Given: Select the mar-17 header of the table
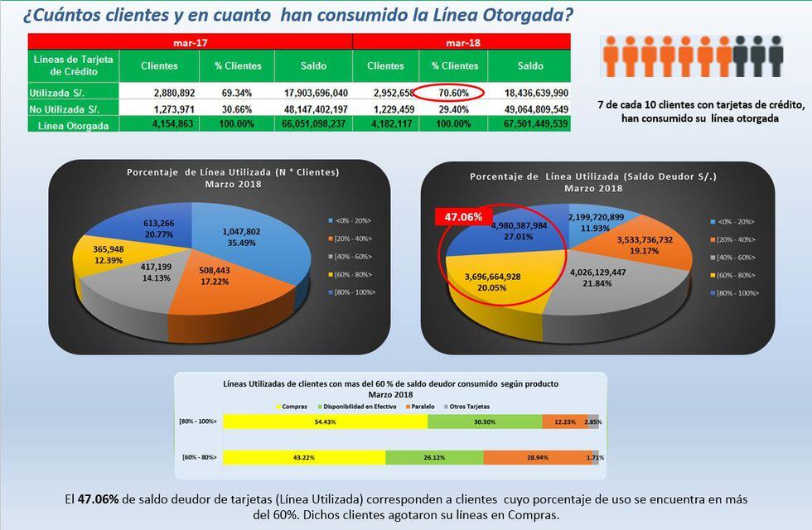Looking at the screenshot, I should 190,41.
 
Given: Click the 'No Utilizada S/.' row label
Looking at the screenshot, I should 64,108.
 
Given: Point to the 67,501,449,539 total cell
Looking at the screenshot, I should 531,124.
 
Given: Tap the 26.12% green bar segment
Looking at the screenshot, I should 434,457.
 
